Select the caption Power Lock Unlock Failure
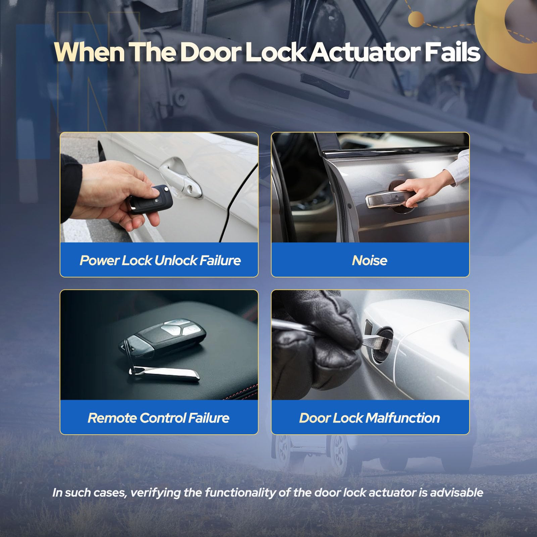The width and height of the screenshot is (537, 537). tap(160, 260)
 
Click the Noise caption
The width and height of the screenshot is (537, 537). tap(370, 260)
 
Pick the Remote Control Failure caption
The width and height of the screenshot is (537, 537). tap(158, 418)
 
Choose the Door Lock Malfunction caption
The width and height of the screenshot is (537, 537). tap(370, 418)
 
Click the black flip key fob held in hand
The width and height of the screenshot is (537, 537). tap(151, 199)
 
